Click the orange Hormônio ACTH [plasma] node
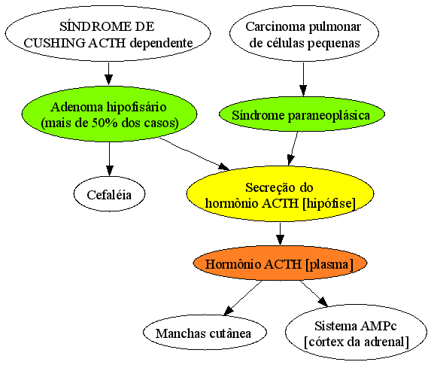coord(280,263)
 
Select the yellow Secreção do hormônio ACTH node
coord(280,193)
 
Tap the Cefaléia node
coord(109,194)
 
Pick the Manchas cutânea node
coord(205,333)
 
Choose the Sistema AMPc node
coord(357,333)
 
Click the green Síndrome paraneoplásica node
coord(302,114)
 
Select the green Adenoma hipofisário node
coord(109,114)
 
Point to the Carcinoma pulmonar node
coord(304,34)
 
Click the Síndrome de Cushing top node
coord(108,34)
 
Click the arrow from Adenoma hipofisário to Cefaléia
coord(109,159)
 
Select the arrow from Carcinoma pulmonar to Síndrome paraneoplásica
coord(303,79)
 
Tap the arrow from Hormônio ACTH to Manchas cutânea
coord(242,298)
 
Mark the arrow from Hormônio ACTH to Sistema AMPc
coord(314,294)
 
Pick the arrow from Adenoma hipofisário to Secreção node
coord(195,154)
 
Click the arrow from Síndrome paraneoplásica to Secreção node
coord(293,149)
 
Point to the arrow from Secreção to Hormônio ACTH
coord(280,234)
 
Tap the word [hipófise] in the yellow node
coord(329,203)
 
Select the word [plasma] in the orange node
coord(329,264)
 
